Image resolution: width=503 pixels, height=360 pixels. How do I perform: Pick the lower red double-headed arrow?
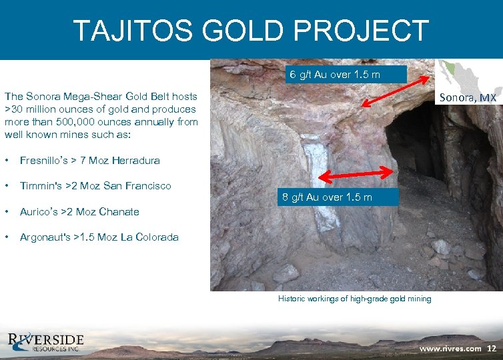pyautogui.click(x=356, y=175)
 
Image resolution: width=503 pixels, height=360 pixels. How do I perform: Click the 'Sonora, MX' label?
pyautogui.click(x=467, y=98)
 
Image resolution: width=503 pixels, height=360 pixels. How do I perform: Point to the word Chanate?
pyautogui.click(x=117, y=211)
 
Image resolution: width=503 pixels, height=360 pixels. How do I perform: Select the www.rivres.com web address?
pyautogui.click(x=450, y=348)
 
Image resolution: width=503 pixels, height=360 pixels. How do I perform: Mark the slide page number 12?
pyautogui.click(x=492, y=348)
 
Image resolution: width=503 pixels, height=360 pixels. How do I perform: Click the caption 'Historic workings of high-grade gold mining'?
pyautogui.click(x=354, y=299)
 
